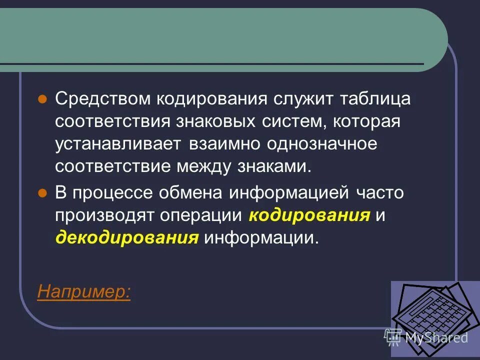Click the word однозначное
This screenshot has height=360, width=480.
(x=321, y=144)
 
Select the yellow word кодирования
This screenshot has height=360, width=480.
(x=309, y=215)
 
